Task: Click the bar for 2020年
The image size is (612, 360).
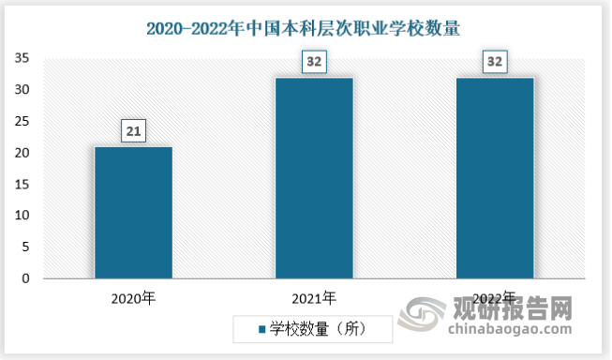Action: (x=134, y=213)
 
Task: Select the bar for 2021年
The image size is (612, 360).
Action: (x=314, y=178)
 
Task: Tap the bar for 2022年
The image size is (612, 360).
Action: (x=494, y=178)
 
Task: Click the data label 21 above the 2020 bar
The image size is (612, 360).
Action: (x=134, y=132)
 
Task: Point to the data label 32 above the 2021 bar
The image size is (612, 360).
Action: (x=314, y=64)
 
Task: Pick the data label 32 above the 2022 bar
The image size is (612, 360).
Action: (x=494, y=64)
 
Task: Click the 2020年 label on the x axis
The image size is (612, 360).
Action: (x=134, y=298)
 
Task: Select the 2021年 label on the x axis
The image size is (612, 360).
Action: (x=314, y=298)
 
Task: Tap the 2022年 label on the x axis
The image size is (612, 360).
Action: (x=494, y=298)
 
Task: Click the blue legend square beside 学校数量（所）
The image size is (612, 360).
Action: (x=261, y=329)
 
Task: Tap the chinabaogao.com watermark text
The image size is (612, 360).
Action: (x=506, y=329)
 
